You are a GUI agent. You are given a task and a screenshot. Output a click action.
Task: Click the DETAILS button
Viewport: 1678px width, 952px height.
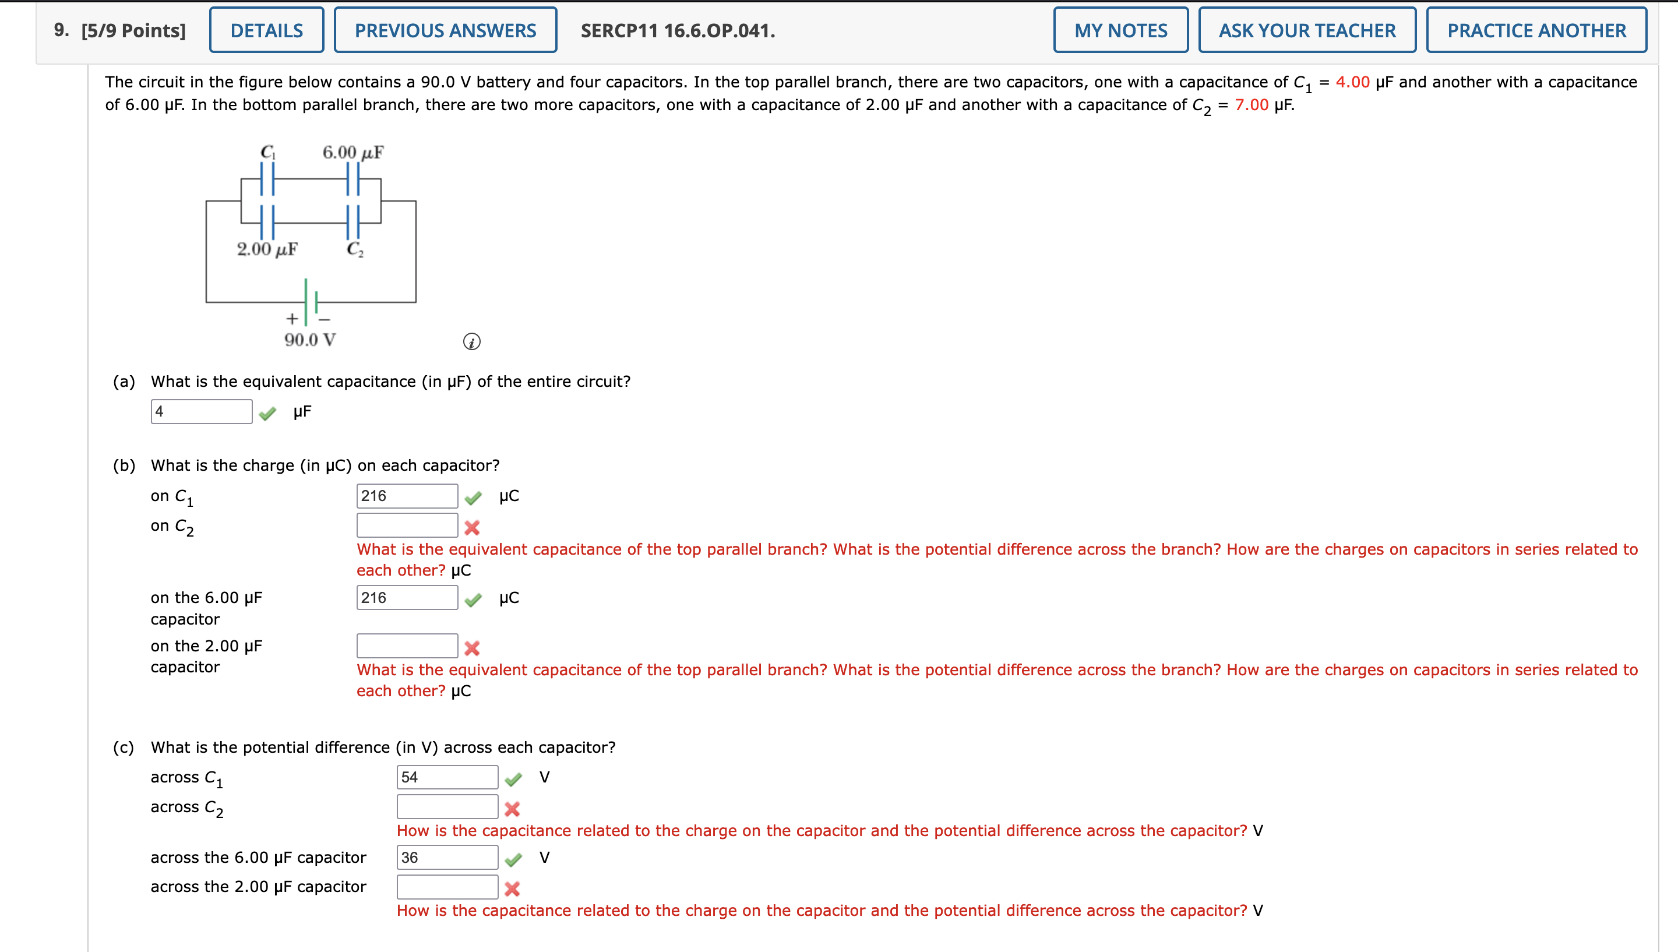point(266,30)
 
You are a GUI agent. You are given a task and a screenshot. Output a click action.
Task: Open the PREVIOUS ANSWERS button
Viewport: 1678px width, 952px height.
point(445,30)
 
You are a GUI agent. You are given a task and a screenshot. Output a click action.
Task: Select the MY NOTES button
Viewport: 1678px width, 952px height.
point(1120,30)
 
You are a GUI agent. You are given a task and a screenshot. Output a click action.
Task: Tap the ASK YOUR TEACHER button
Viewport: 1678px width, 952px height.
point(1307,30)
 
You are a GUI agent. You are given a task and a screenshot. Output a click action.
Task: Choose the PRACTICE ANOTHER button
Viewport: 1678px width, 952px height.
point(1536,30)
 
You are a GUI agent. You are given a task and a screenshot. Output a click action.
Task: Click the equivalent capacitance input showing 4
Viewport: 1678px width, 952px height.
point(202,411)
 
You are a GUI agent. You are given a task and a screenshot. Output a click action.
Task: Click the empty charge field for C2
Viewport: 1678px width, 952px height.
point(407,525)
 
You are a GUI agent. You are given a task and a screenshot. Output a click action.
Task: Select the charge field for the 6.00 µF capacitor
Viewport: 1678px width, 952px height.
point(407,598)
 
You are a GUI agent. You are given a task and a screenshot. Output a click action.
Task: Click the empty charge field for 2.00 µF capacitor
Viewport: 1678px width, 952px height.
point(407,646)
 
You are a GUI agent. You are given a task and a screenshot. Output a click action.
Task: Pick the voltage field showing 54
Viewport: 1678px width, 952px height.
point(447,777)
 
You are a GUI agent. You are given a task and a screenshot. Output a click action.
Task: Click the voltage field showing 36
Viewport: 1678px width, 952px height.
point(447,857)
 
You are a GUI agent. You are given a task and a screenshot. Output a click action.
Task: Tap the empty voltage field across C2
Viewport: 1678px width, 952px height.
point(447,807)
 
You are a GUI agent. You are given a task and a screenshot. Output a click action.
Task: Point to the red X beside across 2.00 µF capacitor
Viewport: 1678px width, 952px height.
point(512,888)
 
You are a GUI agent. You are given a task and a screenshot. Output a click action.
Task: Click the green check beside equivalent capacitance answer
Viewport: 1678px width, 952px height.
point(267,413)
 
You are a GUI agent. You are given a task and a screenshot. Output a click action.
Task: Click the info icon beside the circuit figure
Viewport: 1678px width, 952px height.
point(471,341)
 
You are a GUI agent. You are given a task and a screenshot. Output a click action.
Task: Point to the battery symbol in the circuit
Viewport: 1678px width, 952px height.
point(311,302)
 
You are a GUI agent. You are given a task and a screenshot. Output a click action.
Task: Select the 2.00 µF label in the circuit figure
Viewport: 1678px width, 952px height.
point(267,249)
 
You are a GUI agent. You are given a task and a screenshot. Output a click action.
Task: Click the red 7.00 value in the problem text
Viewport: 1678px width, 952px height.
point(1251,105)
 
